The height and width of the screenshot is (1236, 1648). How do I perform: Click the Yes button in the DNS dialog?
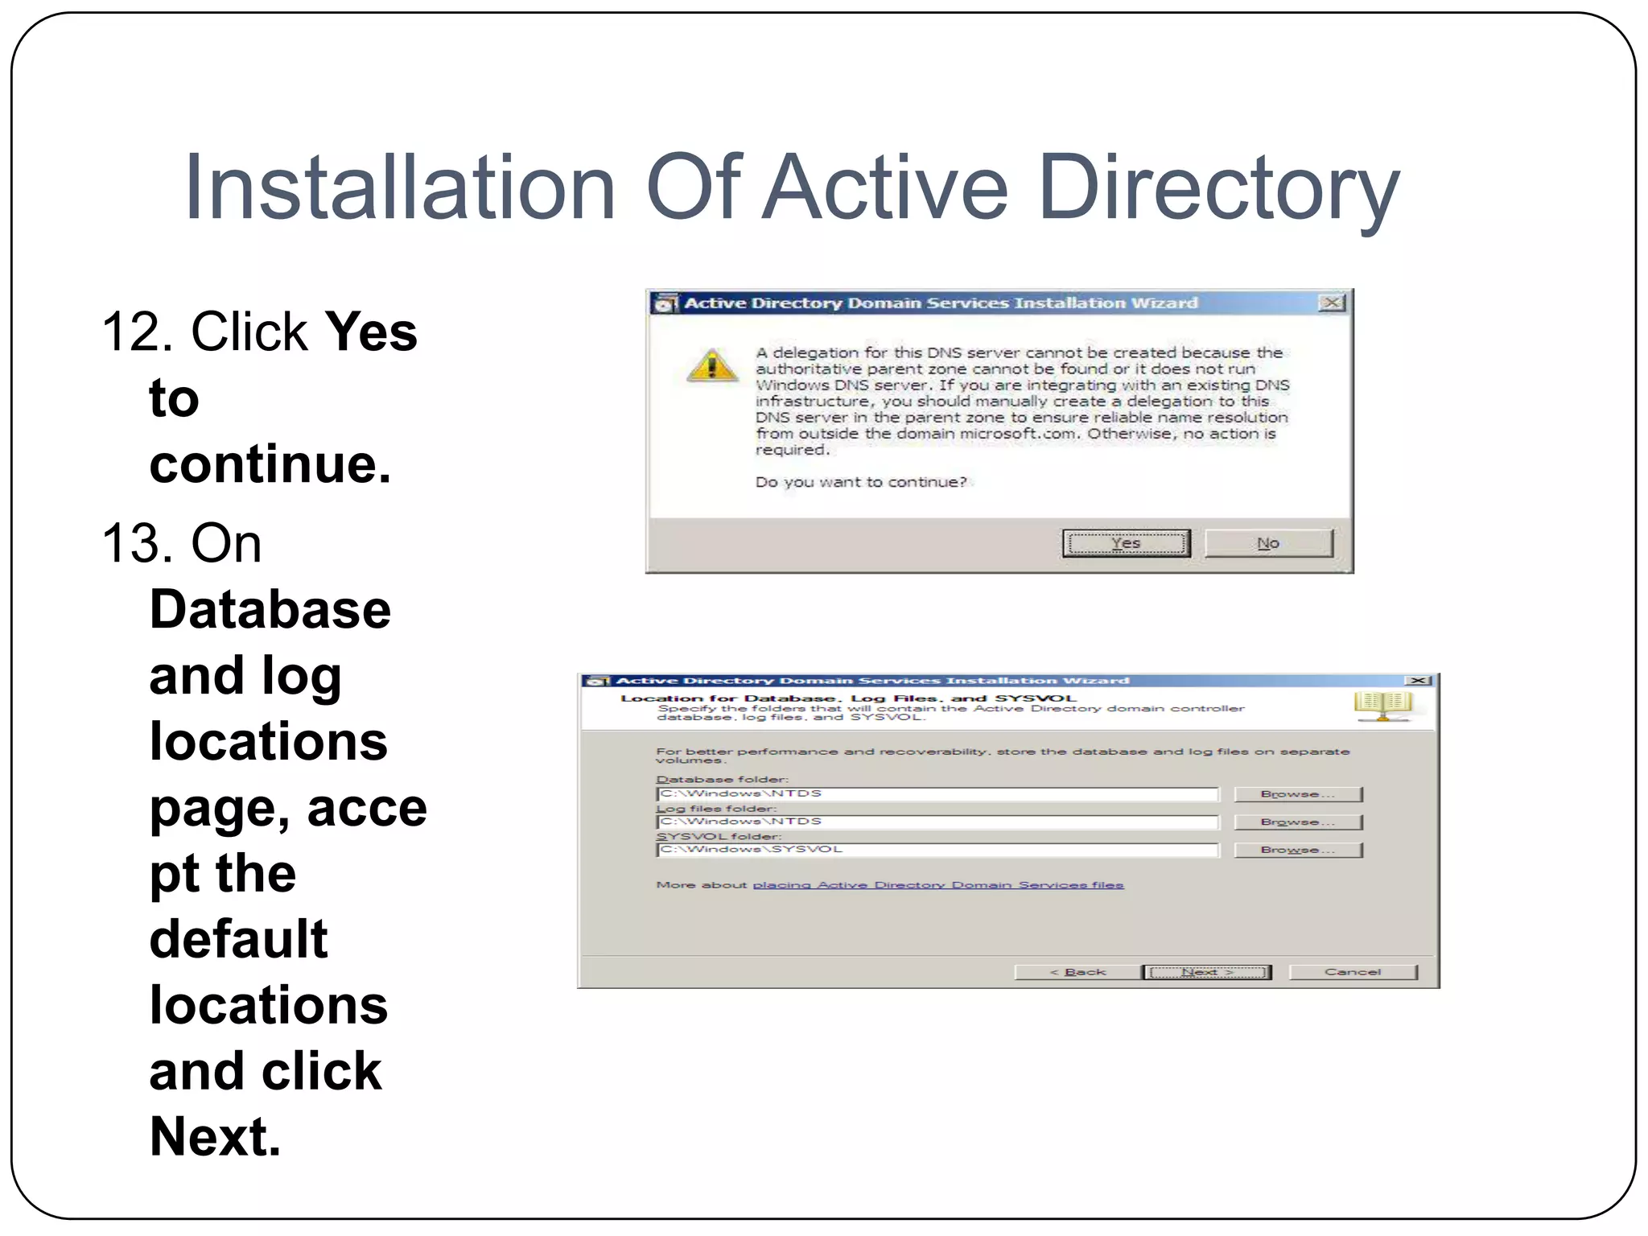click(1126, 543)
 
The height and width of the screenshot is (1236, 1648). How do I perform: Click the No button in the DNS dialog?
click(1268, 543)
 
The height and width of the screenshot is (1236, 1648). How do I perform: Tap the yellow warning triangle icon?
click(712, 365)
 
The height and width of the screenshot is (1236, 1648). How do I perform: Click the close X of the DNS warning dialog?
click(1332, 303)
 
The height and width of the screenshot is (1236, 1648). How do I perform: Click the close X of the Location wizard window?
click(1418, 681)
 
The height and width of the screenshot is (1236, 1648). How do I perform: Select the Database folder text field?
click(937, 794)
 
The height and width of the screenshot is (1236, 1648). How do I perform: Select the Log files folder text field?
click(937, 822)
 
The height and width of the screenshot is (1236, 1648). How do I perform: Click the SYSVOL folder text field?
click(937, 850)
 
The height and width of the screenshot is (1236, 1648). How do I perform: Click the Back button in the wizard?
click(1077, 972)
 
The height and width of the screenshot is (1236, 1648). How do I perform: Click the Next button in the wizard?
click(1207, 972)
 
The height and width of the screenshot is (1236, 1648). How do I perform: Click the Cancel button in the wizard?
click(1353, 972)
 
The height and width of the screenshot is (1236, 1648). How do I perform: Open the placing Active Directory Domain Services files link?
click(937, 885)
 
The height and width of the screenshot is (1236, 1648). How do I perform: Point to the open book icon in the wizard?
click(1382, 705)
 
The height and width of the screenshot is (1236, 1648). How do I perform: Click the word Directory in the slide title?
click(1218, 189)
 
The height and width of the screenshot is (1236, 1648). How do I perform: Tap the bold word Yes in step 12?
click(371, 332)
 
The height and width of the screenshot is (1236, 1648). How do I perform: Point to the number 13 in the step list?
click(131, 543)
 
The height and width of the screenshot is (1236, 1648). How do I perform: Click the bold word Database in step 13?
click(270, 609)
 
